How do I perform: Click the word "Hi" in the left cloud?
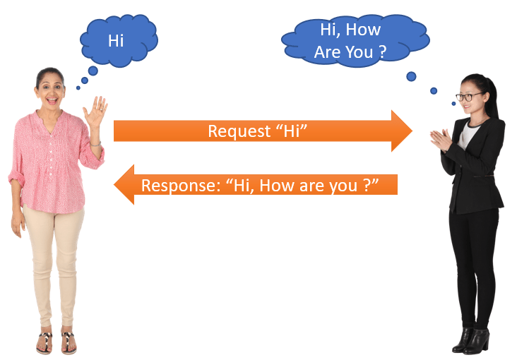116,41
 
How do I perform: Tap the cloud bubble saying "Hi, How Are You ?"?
355,41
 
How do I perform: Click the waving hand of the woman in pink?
95,111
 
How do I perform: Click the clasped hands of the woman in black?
442,140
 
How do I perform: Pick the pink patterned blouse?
52,162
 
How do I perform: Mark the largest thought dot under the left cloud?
93,71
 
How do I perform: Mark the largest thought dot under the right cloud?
411,76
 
